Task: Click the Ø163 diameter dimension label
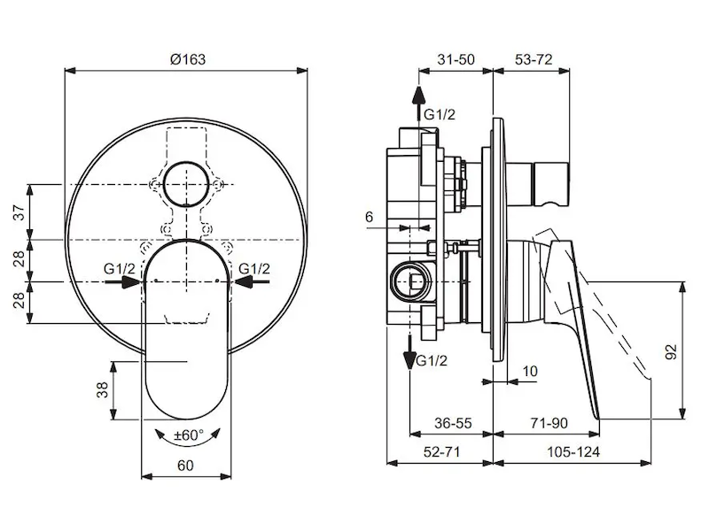pyautogui.click(x=187, y=58)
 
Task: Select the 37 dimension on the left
pyautogui.click(x=18, y=212)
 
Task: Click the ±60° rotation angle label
pyautogui.click(x=188, y=435)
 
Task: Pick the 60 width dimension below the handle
pyautogui.click(x=187, y=466)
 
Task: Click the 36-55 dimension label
pyautogui.click(x=452, y=424)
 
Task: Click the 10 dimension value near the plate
pyautogui.click(x=530, y=372)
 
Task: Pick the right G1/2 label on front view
pyautogui.click(x=253, y=269)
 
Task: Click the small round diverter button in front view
pyautogui.click(x=188, y=184)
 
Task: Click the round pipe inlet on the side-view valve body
pyautogui.click(x=409, y=281)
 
